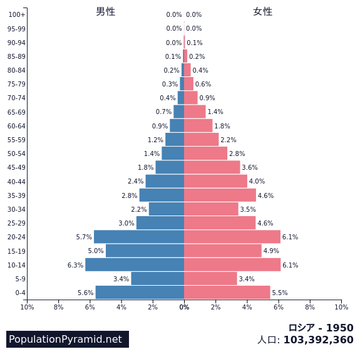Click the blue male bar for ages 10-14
(135, 264)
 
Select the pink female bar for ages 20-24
(232, 237)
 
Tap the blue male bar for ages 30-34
(167, 209)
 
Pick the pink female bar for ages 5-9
(210, 279)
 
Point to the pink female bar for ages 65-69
(195, 112)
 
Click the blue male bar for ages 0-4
(140, 293)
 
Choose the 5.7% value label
(84, 237)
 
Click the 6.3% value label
(75, 265)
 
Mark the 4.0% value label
(257, 181)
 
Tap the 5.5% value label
(280, 293)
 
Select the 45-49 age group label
(16, 167)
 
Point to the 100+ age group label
(17, 14)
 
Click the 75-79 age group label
(16, 84)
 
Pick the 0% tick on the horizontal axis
(184, 308)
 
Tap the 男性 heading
(106, 12)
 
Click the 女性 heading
(263, 12)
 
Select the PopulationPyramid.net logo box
(68, 339)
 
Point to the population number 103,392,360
(319, 340)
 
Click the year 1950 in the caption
(340, 328)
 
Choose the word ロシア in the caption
(302, 328)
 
